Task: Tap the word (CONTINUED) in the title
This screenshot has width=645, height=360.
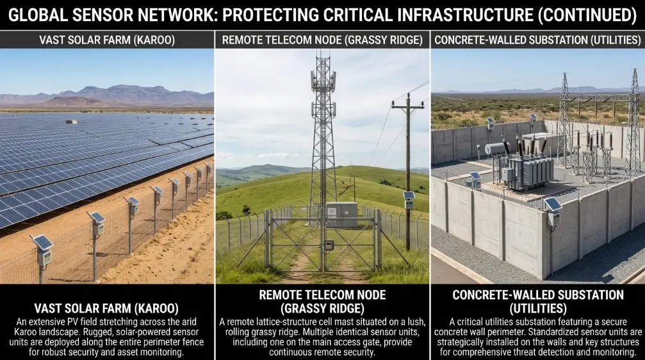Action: pos(587,15)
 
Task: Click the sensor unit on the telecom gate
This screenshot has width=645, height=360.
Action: pos(328,245)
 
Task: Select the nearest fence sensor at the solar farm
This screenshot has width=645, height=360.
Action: pos(43,250)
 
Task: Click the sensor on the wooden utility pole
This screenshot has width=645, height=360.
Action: pos(409,200)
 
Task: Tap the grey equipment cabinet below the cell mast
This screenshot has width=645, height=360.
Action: pos(341,215)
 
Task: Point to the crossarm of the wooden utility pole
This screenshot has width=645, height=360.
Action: pos(407,106)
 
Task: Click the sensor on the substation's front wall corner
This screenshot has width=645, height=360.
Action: pos(553,211)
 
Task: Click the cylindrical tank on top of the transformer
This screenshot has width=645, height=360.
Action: pos(498,148)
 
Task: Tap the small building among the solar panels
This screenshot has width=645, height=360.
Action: pos(71,121)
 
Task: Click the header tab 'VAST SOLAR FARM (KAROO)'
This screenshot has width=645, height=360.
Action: pos(107,40)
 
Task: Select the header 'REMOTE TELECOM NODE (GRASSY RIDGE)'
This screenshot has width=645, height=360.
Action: pos(323,40)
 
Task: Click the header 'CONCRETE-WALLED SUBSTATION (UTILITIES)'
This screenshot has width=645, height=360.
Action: pos(537,40)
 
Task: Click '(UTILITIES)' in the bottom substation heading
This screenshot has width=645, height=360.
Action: pos(538,308)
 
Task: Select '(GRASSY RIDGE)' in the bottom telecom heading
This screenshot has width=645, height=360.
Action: pos(323,308)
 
